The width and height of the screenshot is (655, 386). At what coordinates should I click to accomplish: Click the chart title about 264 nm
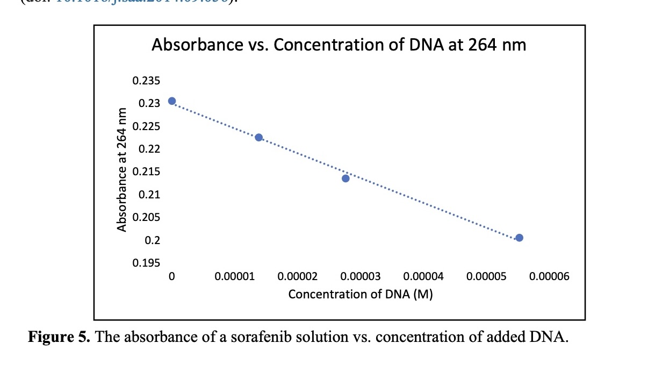pyautogui.click(x=339, y=45)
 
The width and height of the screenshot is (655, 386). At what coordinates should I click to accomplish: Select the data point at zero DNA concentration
pyautogui.click(x=172, y=101)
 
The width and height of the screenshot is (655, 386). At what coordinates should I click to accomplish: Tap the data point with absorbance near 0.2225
pyautogui.click(x=258, y=138)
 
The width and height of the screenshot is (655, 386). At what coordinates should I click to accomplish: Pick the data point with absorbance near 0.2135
pyautogui.click(x=346, y=178)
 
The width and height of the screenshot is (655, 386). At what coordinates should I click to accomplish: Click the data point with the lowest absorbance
pyautogui.click(x=519, y=238)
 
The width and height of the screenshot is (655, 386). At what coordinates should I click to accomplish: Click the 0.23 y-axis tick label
pyautogui.click(x=149, y=104)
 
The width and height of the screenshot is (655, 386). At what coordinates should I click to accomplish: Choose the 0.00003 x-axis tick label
pyautogui.click(x=361, y=277)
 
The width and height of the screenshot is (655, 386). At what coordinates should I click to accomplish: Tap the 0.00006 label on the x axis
pyautogui.click(x=549, y=277)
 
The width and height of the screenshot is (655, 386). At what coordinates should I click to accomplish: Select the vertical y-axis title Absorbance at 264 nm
pyautogui.click(x=122, y=170)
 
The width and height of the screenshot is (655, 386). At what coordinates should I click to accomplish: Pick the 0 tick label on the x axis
pyautogui.click(x=171, y=277)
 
